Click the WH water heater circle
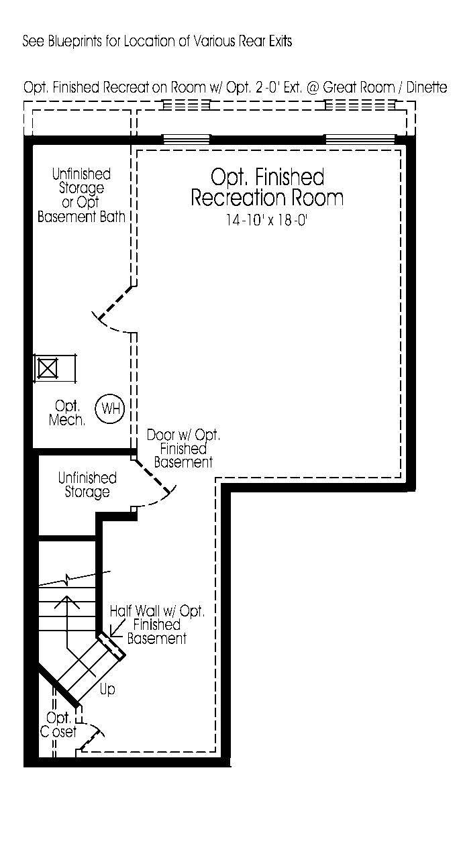[110, 408]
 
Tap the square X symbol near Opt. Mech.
[47, 368]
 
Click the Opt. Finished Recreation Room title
[267, 188]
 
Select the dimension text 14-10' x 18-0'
[266, 220]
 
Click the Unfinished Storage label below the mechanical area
[87, 485]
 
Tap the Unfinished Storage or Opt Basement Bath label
[81, 195]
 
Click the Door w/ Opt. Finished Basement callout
[183, 449]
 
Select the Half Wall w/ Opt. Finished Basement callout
[157, 625]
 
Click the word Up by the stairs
[107, 689]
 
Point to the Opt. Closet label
[59, 725]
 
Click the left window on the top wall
[187, 140]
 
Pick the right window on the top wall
[360, 140]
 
